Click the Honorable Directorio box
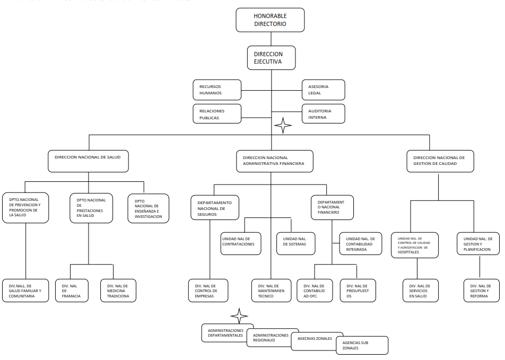click(x=270, y=20)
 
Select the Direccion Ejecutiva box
click(x=271, y=58)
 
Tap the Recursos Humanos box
click(x=217, y=90)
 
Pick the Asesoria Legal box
click(x=324, y=90)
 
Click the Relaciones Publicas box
click(x=217, y=113)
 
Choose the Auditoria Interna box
click(x=324, y=113)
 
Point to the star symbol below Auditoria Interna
click(x=283, y=125)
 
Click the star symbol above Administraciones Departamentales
click(x=239, y=316)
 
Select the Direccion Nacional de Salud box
click(x=88, y=161)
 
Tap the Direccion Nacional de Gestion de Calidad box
click(x=440, y=161)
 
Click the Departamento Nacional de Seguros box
click(x=215, y=208)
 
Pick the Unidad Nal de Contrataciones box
click(x=241, y=243)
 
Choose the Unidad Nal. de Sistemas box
click(x=295, y=243)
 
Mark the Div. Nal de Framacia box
click(x=72, y=291)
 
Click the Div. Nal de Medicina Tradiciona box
click(x=118, y=291)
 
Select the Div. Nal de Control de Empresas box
click(x=208, y=291)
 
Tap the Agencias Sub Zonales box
click(x=362, y=346)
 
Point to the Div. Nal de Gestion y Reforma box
click(x=482, y=291)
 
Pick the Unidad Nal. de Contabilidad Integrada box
click(x=361, y=243)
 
